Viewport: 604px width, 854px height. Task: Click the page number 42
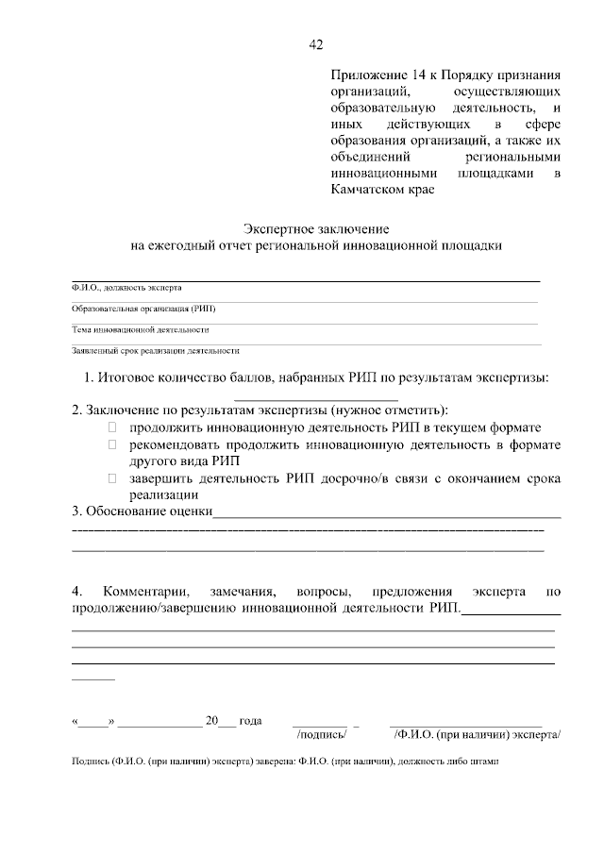(x=316, y=44)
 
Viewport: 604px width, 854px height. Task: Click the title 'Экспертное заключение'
(x=316, y=229)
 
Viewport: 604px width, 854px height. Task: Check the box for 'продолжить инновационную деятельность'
(x=111, y=427)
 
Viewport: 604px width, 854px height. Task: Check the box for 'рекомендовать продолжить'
(x=111, y=444)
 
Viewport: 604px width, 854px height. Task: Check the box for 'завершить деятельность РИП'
(x=111, y=478)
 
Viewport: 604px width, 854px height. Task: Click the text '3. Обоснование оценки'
(x=143, y=512)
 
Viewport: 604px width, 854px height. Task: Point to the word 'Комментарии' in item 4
(x=146, y=592)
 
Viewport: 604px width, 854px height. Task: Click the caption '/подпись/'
(x=322, y=732)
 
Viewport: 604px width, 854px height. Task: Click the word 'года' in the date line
(x=250, y=720)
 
